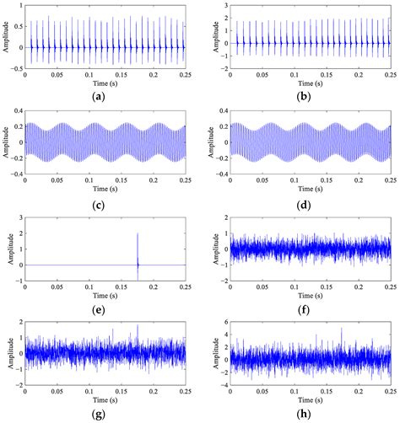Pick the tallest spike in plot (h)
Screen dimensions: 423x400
pyautogui.click(x=341, y=330)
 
